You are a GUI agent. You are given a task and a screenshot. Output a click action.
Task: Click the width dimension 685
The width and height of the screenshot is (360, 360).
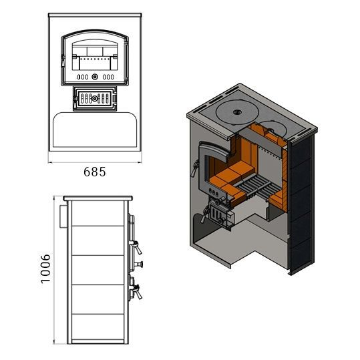click(x=95, y=172)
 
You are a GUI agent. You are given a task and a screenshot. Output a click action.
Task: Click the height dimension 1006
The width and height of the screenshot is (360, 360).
click(x=45, y=269)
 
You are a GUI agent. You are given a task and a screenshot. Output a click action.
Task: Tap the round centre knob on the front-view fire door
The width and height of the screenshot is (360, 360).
click(x=95, y=77)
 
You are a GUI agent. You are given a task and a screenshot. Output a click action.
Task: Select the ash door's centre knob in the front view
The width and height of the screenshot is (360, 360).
click(x=94, y=99)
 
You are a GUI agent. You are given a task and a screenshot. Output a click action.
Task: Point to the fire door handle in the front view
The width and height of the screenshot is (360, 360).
click(x=62, y=61)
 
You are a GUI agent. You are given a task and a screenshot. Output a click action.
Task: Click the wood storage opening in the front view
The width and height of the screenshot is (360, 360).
click(x=95, y=130)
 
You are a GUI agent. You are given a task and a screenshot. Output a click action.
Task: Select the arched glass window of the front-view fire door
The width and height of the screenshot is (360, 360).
click(x=95, y=55)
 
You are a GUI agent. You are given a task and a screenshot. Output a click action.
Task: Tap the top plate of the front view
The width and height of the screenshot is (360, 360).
click(x=95, y=15)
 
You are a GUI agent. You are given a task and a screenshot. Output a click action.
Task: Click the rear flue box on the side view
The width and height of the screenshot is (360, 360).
click(x=63, y=216)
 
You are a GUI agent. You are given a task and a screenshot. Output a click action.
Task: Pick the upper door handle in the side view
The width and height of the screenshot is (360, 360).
click(x=137, y=246)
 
